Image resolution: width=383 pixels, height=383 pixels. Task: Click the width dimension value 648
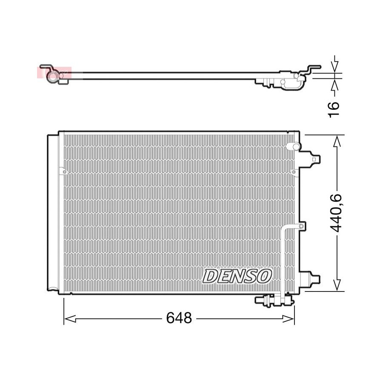click(179, 318)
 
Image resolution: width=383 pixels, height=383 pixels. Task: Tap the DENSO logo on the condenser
click(237, 276)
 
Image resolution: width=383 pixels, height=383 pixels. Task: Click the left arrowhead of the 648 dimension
click(70, 318)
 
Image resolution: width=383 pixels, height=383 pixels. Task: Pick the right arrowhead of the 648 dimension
click(289, 318)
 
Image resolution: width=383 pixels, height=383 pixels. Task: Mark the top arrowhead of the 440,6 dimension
click(337, 141)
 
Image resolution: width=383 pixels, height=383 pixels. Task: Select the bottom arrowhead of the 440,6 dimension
click(337, 285)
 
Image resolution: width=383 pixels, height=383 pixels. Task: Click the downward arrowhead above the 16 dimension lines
click(335, 66)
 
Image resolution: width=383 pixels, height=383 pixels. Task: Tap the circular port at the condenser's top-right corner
click(296, 146)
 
